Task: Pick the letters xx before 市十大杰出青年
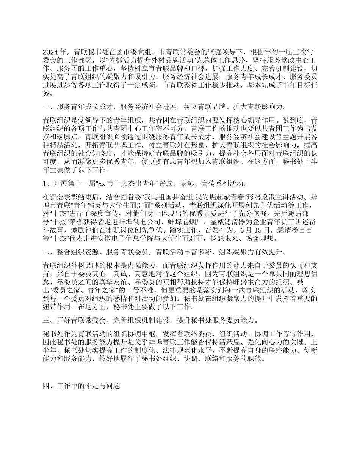[101, 185]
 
